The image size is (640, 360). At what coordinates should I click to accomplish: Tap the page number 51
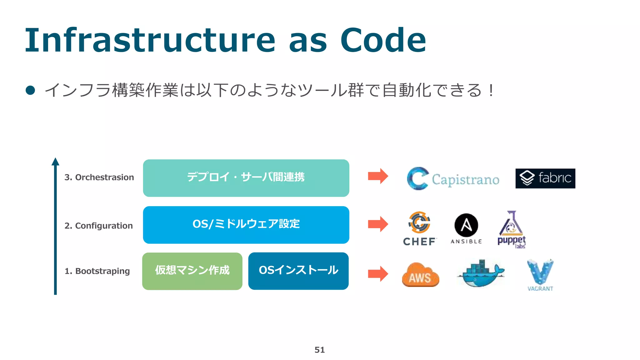click(x=319, y=350)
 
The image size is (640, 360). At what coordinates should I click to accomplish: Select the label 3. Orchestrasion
click(x=99, y=177)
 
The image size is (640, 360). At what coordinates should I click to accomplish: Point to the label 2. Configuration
click(x=98, y=226)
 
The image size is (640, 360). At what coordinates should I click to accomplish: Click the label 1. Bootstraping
click(x=97, y=271)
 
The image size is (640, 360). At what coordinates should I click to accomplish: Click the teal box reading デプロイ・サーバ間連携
click(x=246, y=178)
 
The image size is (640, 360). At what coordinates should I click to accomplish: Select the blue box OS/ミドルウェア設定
click(x=246, y=225)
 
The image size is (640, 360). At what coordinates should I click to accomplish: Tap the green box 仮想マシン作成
click(x=192, y=271)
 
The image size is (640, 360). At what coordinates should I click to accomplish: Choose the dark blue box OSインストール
click(x=298, y=271)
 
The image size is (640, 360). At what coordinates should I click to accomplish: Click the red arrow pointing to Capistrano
click(x=378, y=176)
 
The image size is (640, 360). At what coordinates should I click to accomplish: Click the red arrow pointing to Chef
click(x=378, y=224)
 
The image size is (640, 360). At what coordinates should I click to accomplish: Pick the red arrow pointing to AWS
click(x=378, y=274)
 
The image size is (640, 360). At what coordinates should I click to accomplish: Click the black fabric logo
click(x=545, y=178)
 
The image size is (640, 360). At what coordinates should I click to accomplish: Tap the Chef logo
click(x=419, y=228)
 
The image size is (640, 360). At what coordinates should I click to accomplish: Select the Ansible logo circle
click(x=466, y=225)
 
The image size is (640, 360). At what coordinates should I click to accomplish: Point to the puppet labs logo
click(x=512, y=230)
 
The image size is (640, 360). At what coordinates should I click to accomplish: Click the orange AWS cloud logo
click(x=420, y=275)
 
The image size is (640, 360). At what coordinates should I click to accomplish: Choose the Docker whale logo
click(x=481, y=273)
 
